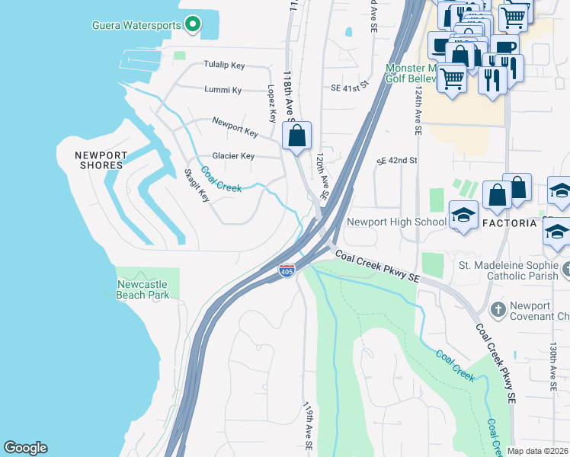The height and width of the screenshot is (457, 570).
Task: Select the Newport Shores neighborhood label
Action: (x=99, y=160)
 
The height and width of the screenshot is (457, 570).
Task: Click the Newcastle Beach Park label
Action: (x=142, y=289)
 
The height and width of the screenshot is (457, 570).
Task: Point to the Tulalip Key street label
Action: (x=223, y=65)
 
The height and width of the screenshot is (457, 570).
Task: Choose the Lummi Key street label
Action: (x=223, y=90)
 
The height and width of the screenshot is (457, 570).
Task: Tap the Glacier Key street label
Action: (x=233, y=155)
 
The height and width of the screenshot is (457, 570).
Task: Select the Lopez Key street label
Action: (x=271, y=104)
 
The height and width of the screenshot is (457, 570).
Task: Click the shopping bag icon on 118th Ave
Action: (x=297, y=136)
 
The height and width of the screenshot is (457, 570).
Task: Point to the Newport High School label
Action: (x=396, y=222)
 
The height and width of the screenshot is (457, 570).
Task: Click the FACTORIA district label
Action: (x=510, y=222)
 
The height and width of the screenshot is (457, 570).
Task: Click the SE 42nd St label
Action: (x=398, y=161)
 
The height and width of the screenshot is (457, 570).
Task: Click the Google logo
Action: (x=25, y=448)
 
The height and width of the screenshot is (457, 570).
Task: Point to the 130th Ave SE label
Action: (x=552, y=366)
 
